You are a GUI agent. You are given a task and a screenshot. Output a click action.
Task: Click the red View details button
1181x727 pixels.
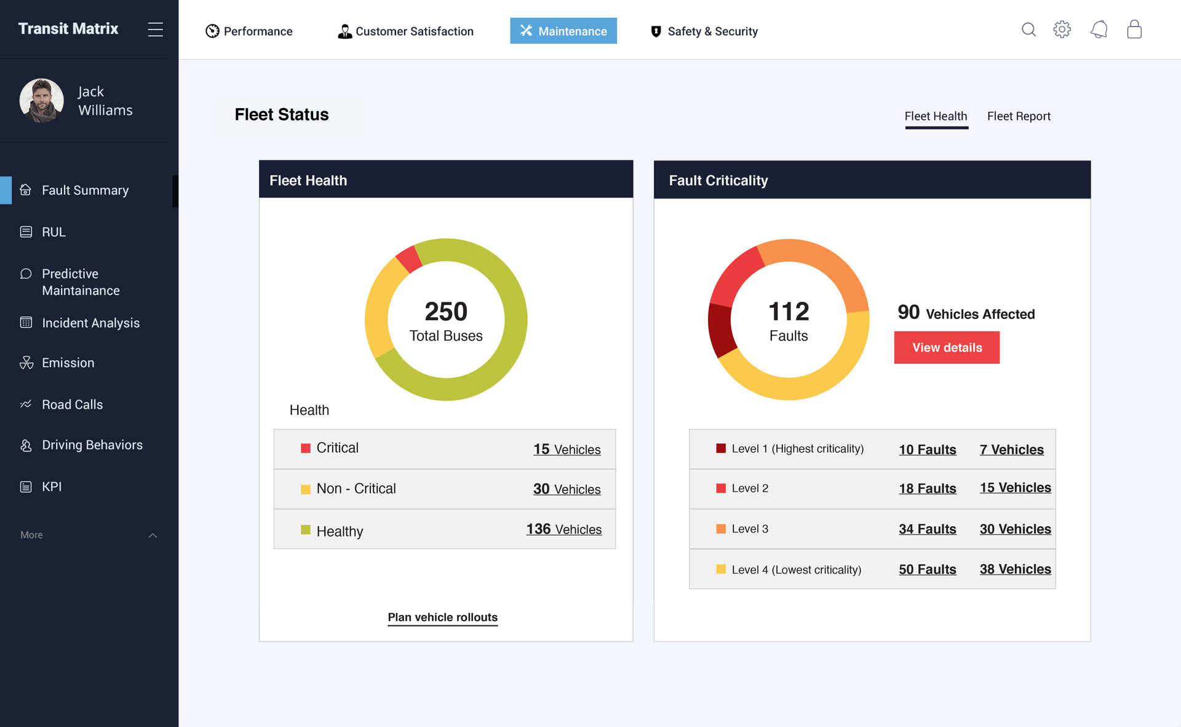pyautogui.click(x=946, y=347)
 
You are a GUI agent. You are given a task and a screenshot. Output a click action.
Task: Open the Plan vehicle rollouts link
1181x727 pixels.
pyautogui.click(x=442, y=617)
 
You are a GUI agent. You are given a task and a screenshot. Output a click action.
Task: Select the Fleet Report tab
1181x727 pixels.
pyautogui.click(x=1018, y=116)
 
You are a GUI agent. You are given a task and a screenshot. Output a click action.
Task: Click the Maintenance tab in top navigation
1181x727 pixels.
pyautogui.click(x=563, y=31)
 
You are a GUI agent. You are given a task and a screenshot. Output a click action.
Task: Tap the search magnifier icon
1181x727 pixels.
pyautogui.click(x=1028, y=29)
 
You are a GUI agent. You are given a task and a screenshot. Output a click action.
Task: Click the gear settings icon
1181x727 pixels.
pyautogui.click(x=1062, y=29)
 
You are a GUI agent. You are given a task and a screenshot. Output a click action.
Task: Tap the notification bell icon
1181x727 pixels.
pyautogui.click(x=1099, y=29)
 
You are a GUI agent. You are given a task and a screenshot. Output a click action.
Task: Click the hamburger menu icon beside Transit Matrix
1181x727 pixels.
pyautogui.click(x=155, y=29)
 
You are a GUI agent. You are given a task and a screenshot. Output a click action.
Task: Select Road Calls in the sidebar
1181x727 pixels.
pyautogui.click(x=72, y=404)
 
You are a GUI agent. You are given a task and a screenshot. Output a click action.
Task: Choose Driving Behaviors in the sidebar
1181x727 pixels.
pyautogui.click(x=92, y=445)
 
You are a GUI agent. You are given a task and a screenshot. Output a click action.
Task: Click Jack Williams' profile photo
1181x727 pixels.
pyautogui.click(x=41, y=100)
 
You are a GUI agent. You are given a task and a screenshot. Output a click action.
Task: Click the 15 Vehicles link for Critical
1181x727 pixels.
pyautogui.click(x=567, y=449)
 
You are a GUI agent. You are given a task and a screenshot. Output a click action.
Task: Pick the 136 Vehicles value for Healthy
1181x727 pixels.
pyautogui.click(x=563, y=529)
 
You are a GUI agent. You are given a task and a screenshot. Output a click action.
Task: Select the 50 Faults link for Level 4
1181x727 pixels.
pyautogui.click(x=927, y=569)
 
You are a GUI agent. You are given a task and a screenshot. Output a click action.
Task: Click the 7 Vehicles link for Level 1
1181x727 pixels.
pyautogui.click(x=1011, y=449)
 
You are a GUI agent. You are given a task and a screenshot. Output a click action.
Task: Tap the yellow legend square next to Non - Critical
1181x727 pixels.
pyautogui.click(x=305, y=489)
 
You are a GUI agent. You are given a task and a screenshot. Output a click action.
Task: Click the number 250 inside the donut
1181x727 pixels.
pyautogui.click(x=446, y=312)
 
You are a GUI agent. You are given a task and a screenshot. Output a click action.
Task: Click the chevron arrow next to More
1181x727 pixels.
pyautogui.click(x=153, y=535)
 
